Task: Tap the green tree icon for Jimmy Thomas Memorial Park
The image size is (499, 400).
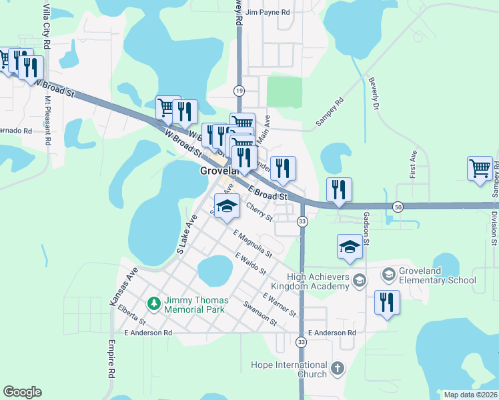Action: (155, 304)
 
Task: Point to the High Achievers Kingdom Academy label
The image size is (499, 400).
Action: (318, 281)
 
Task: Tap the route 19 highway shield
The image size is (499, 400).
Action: (238, 90)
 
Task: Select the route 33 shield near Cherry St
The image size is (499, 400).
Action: (302, 221)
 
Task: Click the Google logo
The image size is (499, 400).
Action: (22, 392)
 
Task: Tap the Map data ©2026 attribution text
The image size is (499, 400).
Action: (470, 395)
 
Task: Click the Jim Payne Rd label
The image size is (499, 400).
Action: (268, 12)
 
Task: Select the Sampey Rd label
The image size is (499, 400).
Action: (329, 112)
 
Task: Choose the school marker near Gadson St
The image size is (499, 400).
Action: (350, 247)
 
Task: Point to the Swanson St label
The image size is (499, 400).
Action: (260, 313)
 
